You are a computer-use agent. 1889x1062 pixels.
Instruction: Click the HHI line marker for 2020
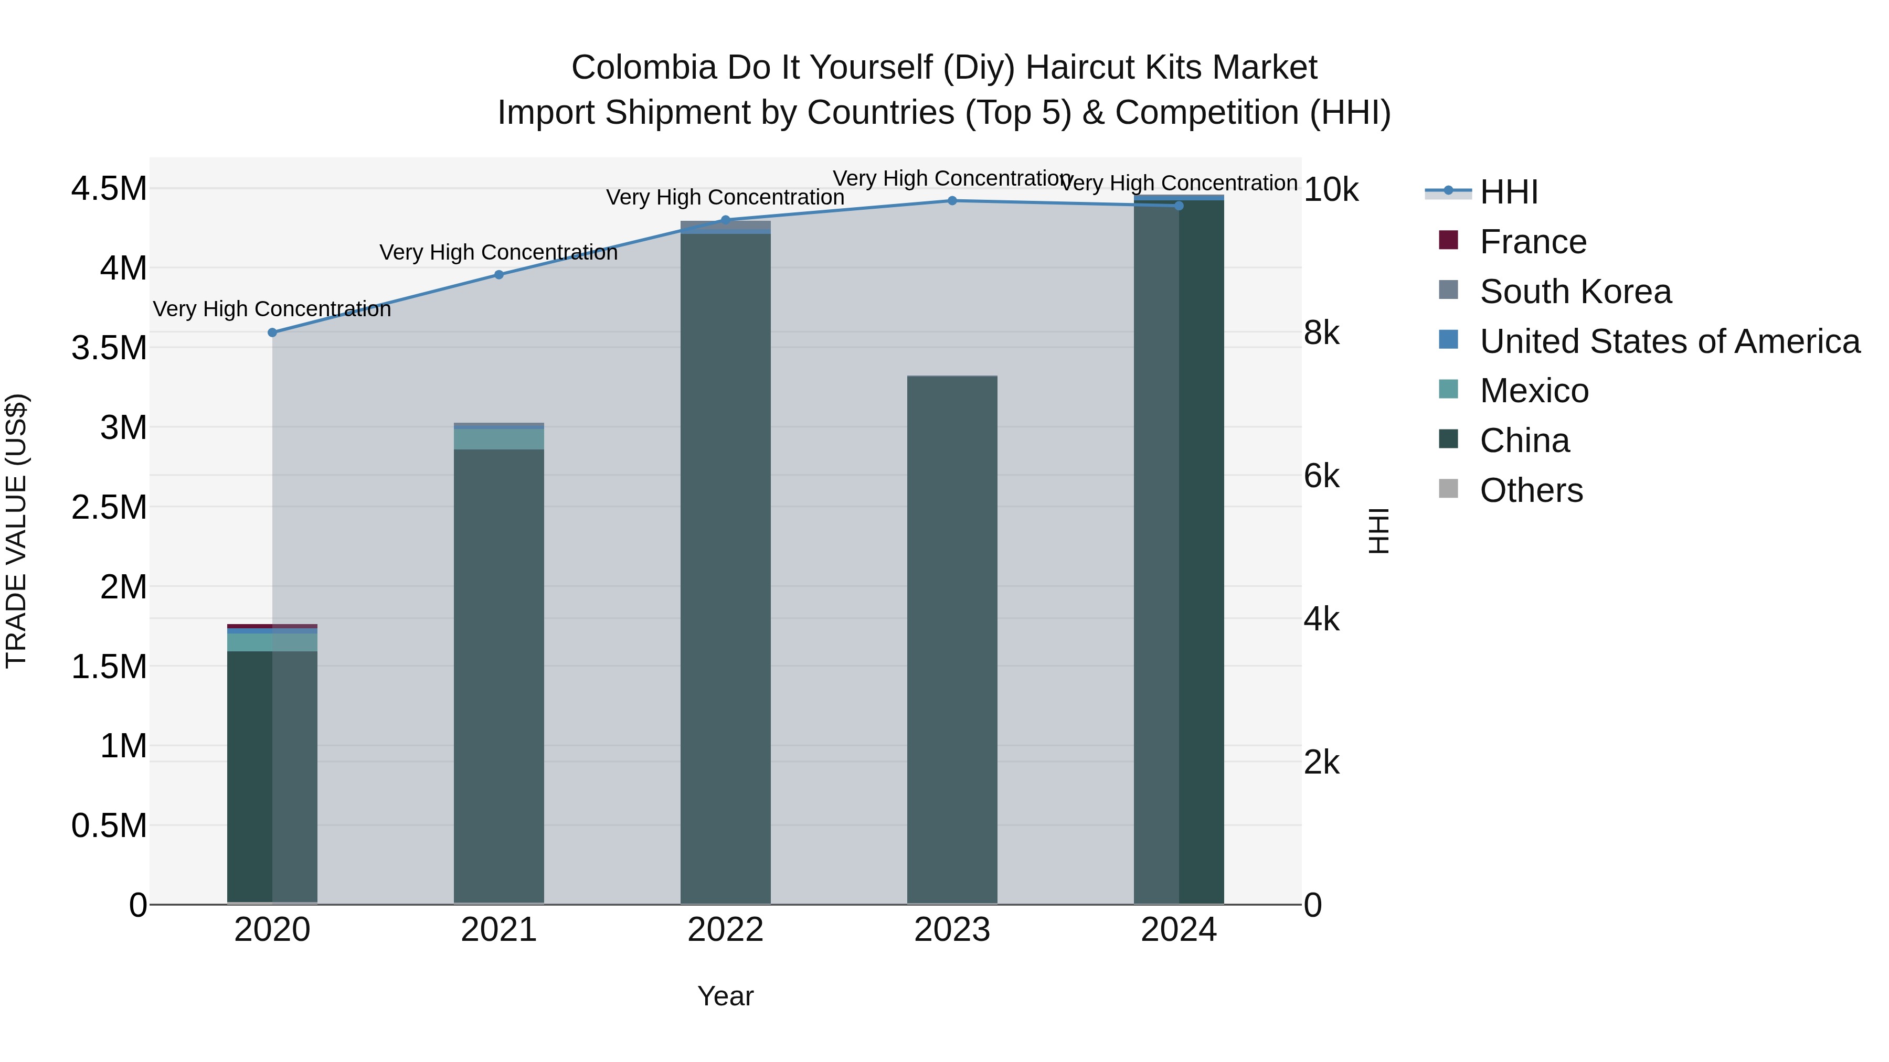272,332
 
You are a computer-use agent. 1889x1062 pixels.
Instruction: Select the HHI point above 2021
498,275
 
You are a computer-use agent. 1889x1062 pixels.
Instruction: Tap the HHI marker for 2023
952,201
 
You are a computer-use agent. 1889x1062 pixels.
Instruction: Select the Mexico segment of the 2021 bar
498,439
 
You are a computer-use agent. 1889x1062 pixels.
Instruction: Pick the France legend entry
1533,242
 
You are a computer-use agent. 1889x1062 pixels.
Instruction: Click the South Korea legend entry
1575,292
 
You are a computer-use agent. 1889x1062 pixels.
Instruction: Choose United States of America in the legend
1669,341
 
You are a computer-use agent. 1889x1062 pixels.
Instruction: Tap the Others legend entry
1531,490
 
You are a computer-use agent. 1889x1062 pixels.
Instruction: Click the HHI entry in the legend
1509,192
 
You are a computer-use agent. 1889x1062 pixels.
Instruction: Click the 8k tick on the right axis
1321,334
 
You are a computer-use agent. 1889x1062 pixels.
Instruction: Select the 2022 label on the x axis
725,930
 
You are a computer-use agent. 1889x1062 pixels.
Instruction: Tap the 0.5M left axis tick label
109,826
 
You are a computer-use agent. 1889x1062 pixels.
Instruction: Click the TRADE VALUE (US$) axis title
16,531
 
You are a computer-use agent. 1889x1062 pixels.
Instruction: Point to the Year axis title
725,996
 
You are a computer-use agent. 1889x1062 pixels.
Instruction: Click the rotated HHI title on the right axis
1378,531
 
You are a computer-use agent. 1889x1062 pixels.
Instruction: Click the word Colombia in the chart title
643,68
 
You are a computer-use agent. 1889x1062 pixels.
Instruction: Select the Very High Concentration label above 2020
272,309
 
